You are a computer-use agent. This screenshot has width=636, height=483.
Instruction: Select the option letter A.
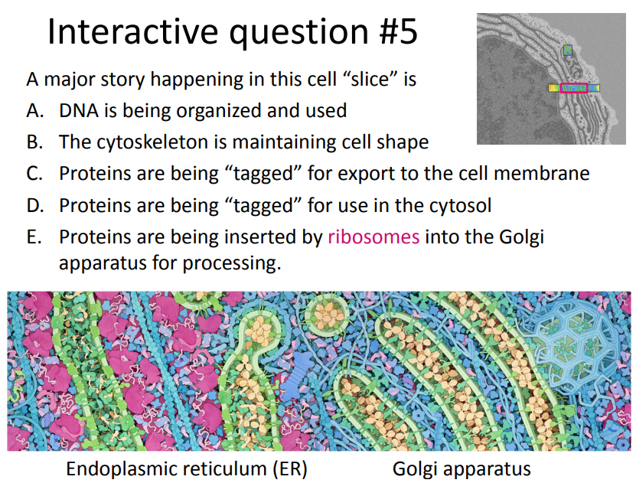(x=34, y=111)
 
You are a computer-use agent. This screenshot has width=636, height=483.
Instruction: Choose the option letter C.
(x=34, y=173)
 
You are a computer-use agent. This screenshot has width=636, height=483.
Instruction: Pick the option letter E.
(x=34, y=237)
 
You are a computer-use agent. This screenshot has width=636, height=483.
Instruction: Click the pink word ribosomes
(x=373, y=237)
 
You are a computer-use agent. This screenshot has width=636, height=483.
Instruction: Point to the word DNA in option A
(x=77, y=111)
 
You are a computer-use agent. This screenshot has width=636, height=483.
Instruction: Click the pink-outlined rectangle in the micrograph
(x=574, y=88)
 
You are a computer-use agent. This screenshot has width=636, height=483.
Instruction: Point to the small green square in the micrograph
(x=567, y=51)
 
